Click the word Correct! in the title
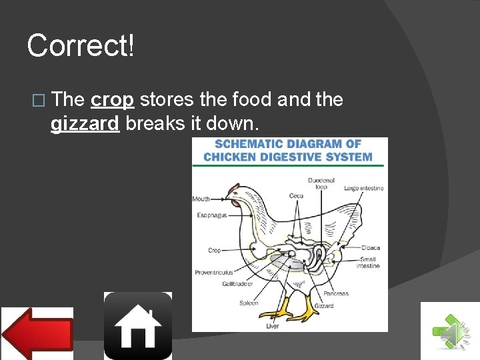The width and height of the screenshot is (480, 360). point(81,46)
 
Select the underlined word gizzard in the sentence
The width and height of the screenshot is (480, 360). point(85,124)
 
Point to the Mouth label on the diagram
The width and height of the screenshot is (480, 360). point(201,199)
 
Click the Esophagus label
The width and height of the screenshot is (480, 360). point(211,215)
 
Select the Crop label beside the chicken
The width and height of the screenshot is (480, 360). point(214,251)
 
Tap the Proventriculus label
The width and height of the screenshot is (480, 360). point(213,272)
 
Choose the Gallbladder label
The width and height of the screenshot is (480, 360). point(237,284)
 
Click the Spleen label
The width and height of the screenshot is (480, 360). point(249,303)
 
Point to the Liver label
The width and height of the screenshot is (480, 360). point(273,326)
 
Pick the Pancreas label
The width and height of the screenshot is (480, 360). point(336,294)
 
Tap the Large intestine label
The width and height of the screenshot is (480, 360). point(364,189)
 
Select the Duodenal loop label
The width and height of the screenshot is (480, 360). point(321,183)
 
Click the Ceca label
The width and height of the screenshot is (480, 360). point(297,196)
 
